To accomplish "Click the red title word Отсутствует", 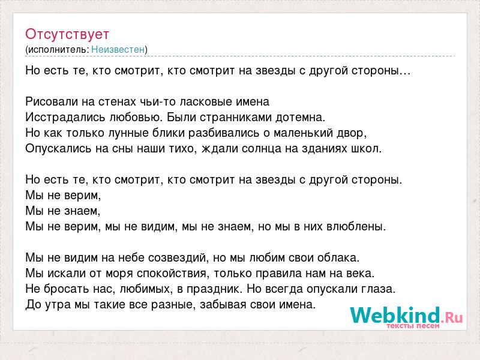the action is click(67, 34).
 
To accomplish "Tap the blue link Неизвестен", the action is click(118, 49).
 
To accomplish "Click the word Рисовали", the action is click(52, 101).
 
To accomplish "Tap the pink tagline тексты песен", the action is click(413, 326).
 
